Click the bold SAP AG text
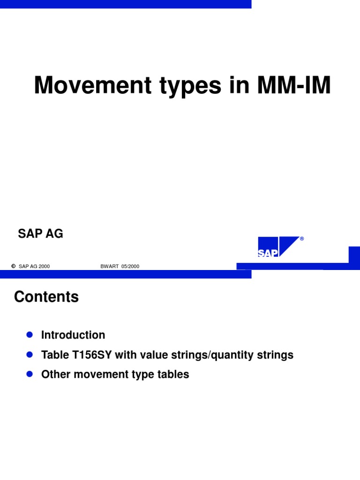click(40, 234)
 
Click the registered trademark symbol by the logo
click(302, 239)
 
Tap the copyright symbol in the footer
click(13, 266)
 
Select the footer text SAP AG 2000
click(34, 266)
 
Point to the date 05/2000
click(130, 266)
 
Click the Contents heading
click(46, 297)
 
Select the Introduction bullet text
click(73, 335)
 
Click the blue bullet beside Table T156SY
click(29, 354)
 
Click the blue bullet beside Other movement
click(29, 374)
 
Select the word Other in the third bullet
click(54, 375)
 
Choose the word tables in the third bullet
click(174, 375)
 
